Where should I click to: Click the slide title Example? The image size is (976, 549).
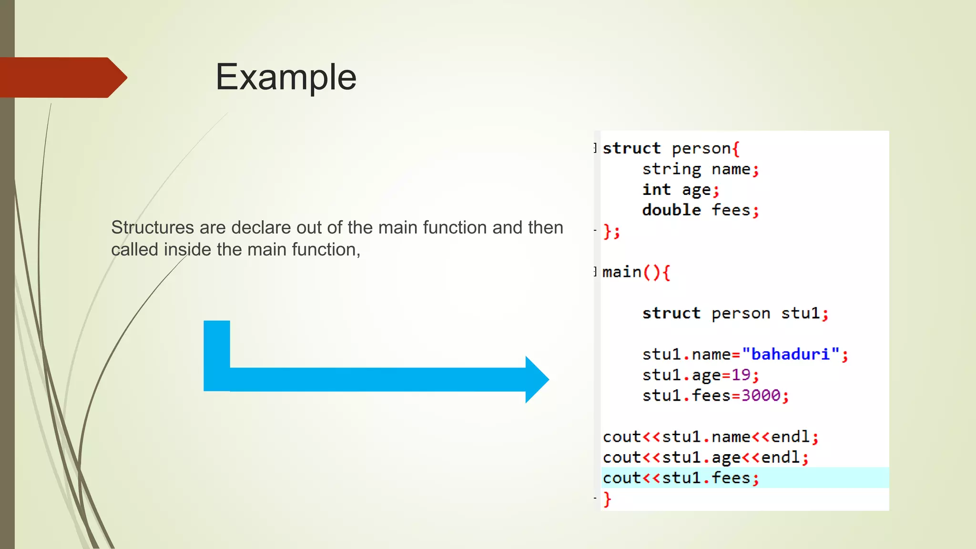click(x=285, y=77)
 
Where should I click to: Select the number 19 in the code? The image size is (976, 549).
click(x=741, y=375)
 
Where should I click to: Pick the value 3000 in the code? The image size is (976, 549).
click(x=761, y=396)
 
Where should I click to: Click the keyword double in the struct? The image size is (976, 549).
click(x=671, y=210)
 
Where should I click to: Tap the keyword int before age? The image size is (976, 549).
click(x=656, y=190)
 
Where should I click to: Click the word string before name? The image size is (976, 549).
click(x=671, y=169)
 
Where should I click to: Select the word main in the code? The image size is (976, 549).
click(x=621, y=272)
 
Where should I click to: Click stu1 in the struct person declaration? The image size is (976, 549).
click(x=800, y=314)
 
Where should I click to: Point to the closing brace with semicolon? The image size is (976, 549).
click(x=611, y=232)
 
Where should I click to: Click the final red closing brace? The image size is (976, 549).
click(x=607, y=499)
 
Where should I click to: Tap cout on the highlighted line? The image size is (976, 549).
click(x=621, y=478)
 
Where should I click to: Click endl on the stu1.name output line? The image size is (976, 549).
click(x=790, y=437)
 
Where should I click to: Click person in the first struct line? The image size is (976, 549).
click(x=701, y=149)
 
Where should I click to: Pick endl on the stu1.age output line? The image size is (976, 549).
click(x=780, y=457)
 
